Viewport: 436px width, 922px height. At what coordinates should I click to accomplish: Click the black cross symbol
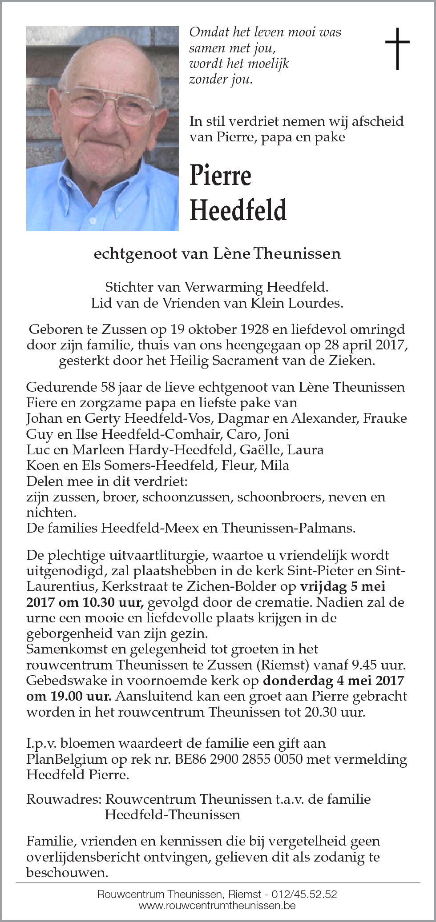(x=397, y=48)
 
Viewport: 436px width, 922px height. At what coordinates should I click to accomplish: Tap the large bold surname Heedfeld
(x=238, y=210)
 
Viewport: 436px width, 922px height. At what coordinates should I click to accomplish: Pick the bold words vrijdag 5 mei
(x=343, y=586)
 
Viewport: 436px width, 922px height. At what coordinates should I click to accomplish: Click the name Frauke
(x=385, y=418)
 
